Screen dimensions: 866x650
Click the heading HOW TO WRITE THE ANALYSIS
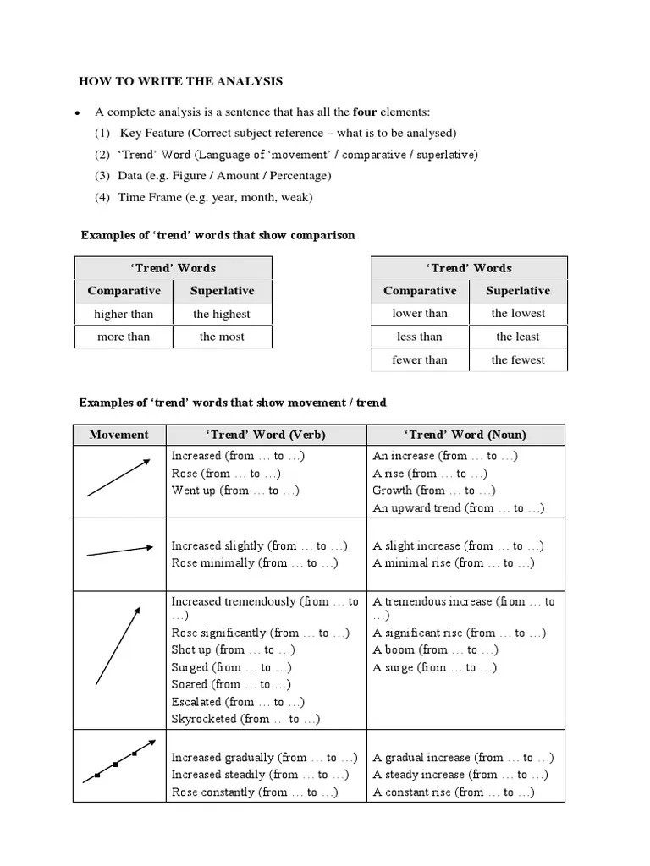pyautogui.click(x=180, y=82)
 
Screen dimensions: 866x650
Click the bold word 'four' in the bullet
pyautogui.click(x=364, y=112)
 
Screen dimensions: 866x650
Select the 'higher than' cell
pyautogui.click(x=124, y=314)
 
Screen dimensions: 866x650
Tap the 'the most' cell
pyautogui.click(x=222, y=337)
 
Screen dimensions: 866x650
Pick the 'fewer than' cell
pyautogui.click(x=420, y=359)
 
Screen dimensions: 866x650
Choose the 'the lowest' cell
pyautogui.click(x=518, y=313)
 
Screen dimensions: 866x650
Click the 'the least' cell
pyautogui.click(x=518, y=337)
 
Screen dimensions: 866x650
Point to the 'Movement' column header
pyautogui.click(x=118, y=435)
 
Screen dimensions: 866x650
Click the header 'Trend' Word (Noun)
pyautogui.click(x=465, y=435)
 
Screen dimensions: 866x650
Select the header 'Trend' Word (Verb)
pyautogui.click(x=266, y=435)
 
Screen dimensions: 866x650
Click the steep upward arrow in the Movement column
pyautogui.click(x=118, y=645)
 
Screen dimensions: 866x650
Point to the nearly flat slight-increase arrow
pyautogui.click(x=118, y=551)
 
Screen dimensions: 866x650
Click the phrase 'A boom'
pyautogui.click(x=394, y=650)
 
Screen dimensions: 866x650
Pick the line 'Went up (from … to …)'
pyautogui.click(x=235, y=491)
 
